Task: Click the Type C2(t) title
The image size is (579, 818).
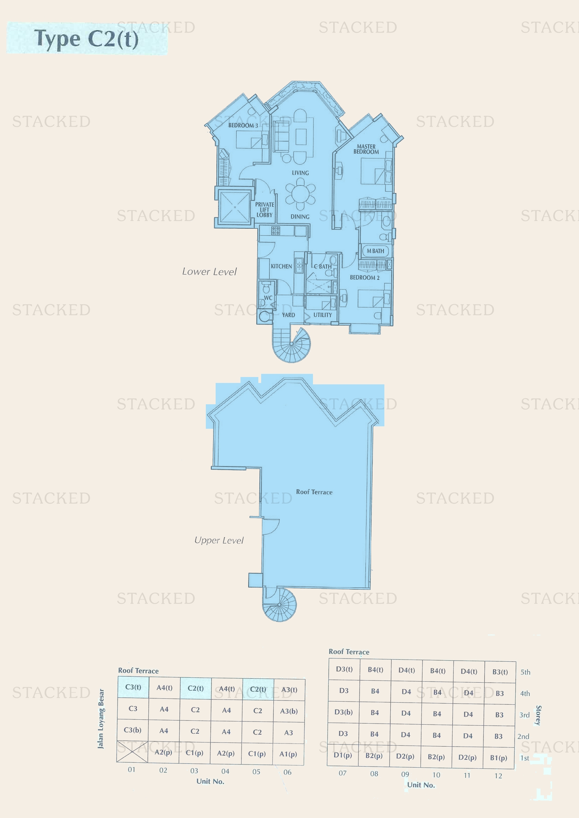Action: [x=86, y=38]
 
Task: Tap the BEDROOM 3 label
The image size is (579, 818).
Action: [x=243, y=126]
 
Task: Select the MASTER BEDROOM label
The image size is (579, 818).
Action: [x=366, y=149]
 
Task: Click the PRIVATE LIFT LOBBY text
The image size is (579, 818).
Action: [x=265, y=210]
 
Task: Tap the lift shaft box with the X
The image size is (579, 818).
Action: [x=235, y=207]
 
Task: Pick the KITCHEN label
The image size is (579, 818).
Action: [x=281, y=266]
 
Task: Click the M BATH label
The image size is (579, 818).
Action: [x=375, y=251]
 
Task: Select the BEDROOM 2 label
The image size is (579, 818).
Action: [x=364, y=278]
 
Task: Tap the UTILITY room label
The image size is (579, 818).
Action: [x=323, y=315]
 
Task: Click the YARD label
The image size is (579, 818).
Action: [x=288, y=315]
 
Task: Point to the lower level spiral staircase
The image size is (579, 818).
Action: [x=291, y=344]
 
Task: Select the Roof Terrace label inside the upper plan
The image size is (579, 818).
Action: [x=314, y=492]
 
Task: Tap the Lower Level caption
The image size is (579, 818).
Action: [x=209, y=271]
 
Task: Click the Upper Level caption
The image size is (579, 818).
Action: [x=219, y=540]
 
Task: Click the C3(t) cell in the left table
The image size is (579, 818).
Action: [x=133, y=687]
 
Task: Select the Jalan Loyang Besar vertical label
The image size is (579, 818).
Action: [x=101, y=718]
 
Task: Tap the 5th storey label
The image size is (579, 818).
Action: [x=525, y=672]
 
